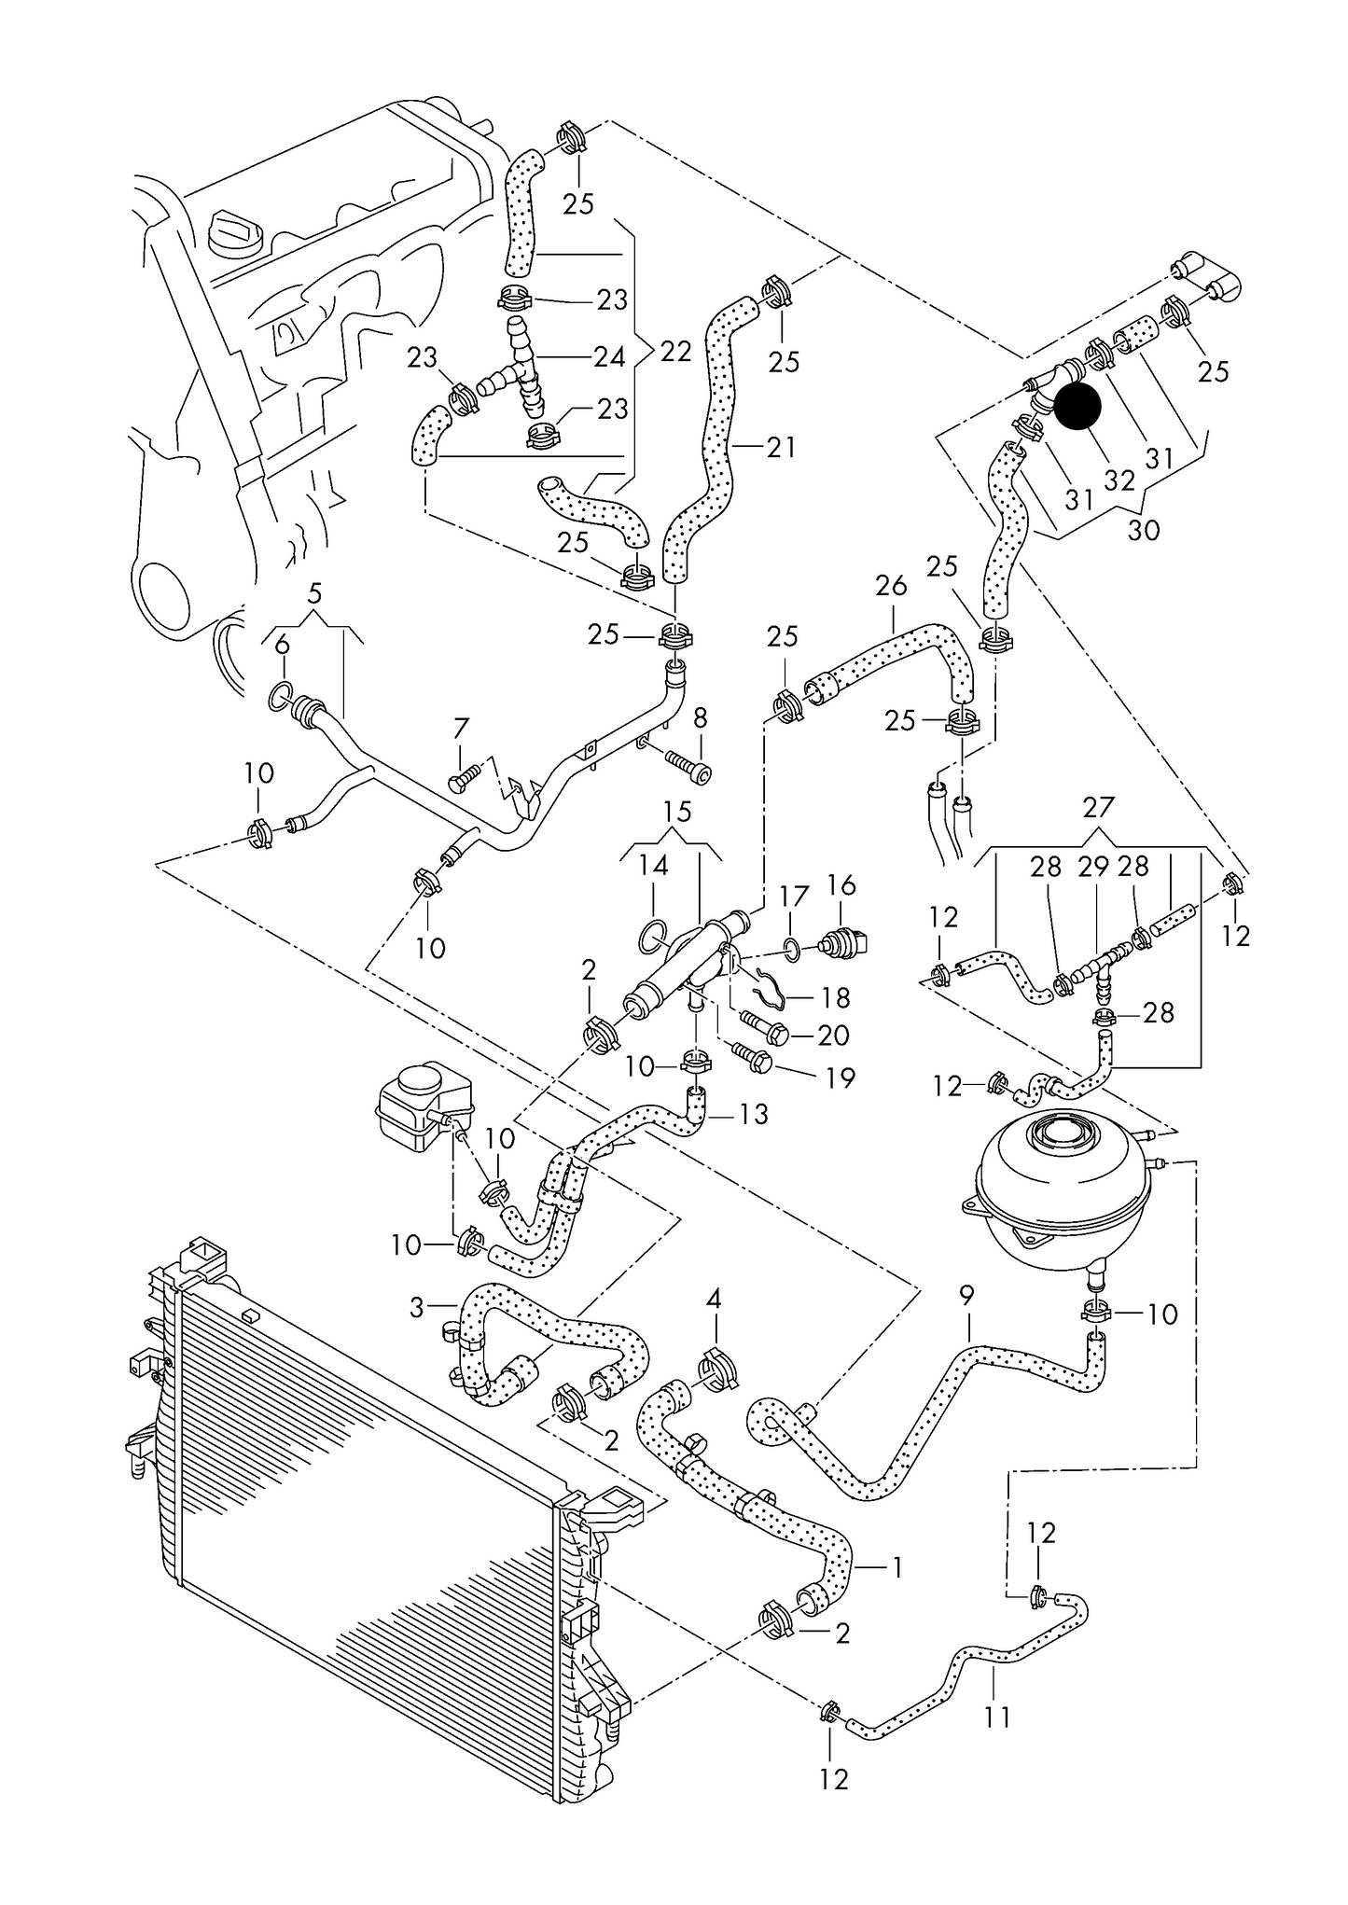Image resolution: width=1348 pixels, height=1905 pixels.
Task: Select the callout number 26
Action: (891, 586)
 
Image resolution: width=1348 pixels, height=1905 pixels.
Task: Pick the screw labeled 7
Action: (464, 776)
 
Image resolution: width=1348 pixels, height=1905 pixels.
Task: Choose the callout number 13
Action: (752, 1114)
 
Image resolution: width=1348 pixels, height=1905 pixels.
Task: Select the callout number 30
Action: (1144, 530)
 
